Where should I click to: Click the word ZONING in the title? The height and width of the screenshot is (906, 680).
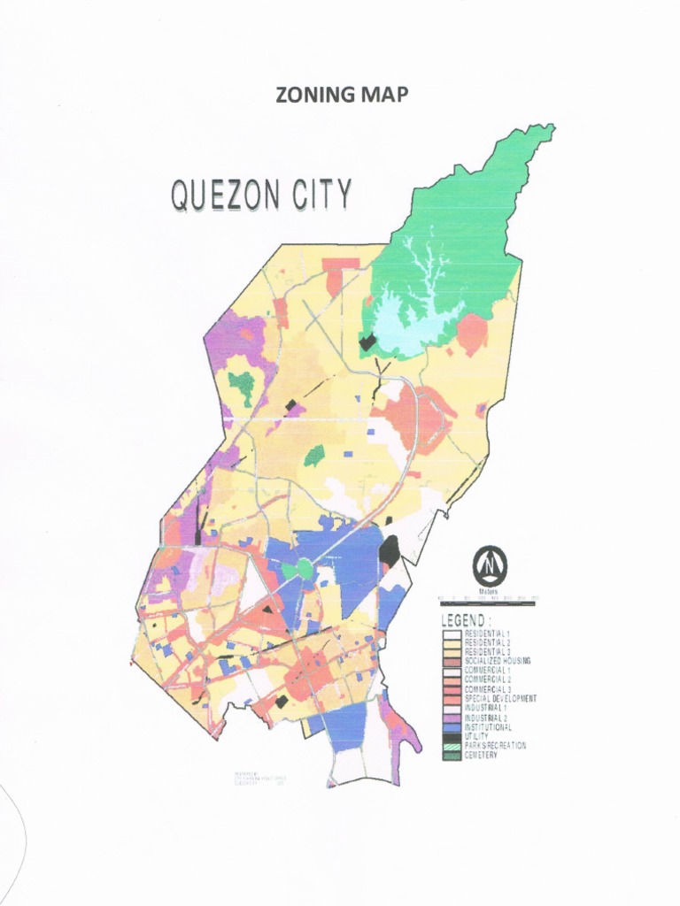(311, 96)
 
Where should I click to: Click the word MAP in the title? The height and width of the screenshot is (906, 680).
(384, 96)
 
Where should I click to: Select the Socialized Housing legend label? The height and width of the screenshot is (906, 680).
(497, 661)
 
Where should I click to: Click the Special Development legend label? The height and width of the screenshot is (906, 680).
(500, 699)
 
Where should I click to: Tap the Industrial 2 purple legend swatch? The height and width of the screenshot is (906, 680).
(452, 718)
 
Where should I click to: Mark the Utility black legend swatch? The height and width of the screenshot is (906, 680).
(452, 736)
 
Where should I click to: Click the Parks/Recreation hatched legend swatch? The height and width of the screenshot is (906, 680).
(452, 746)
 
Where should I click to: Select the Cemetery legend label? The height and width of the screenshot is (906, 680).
(481, 755)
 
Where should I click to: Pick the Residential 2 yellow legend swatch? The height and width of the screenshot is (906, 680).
(452, 642)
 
